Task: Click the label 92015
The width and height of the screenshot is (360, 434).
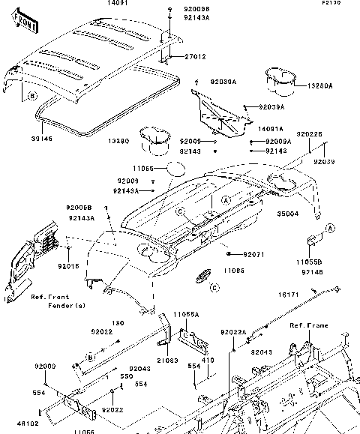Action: tap(69, 266)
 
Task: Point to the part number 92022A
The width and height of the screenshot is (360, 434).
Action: tap(233, 332)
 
